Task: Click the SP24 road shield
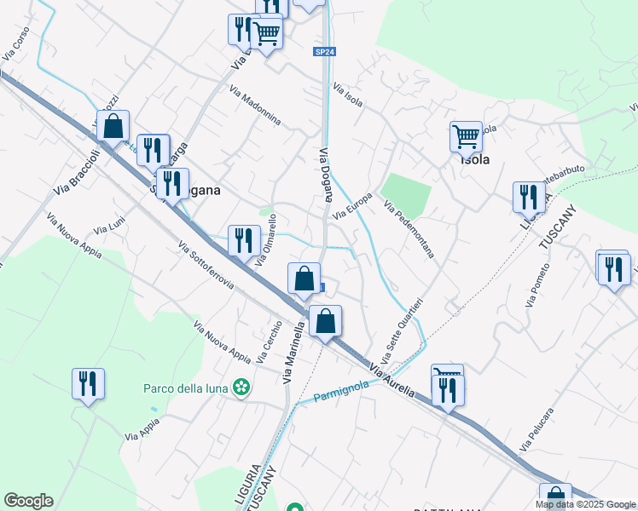pyautogui.click(x=324, y=52)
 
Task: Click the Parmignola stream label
pyautogui.click(x=341, y=391)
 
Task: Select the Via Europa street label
pyautogui.click(x=352, y=207)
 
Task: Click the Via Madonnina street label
pyautogui.click(x=255, y=106)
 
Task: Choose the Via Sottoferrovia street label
pyautogui.click(x=206, y=265)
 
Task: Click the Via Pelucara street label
pyautogui.click(x=536, y=430)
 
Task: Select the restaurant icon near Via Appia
pyautogui.click(x=88, y=383)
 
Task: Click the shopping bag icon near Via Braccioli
pyautogui.click(x=113, y=127)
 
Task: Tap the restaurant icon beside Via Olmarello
pyautogui.click(x=244, y=240)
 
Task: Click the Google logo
pyautogui.click(x=28, y=501)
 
